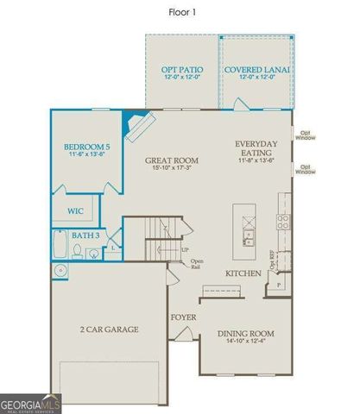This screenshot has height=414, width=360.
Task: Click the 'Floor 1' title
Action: click(x=180, y=13)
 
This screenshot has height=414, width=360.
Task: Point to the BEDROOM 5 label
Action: click(x=85, y=147)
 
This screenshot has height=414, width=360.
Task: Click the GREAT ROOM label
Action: click(x=173, y=160)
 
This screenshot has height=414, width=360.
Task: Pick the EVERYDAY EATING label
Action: click(x=259, y=147)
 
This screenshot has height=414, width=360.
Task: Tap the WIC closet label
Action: click(x=77, y=210)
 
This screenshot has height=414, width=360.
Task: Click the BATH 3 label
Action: click(x=85, y=235)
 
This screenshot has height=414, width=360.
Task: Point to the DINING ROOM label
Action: click(x=245, y=334)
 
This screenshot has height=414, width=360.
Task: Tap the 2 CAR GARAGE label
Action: click(x=110, y=329)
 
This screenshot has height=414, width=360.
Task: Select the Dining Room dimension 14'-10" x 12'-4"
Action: click(x=245, y=344)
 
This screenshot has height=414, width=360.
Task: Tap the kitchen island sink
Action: click(x=248, y=234)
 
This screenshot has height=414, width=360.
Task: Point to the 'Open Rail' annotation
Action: click(x=197, y=264)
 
